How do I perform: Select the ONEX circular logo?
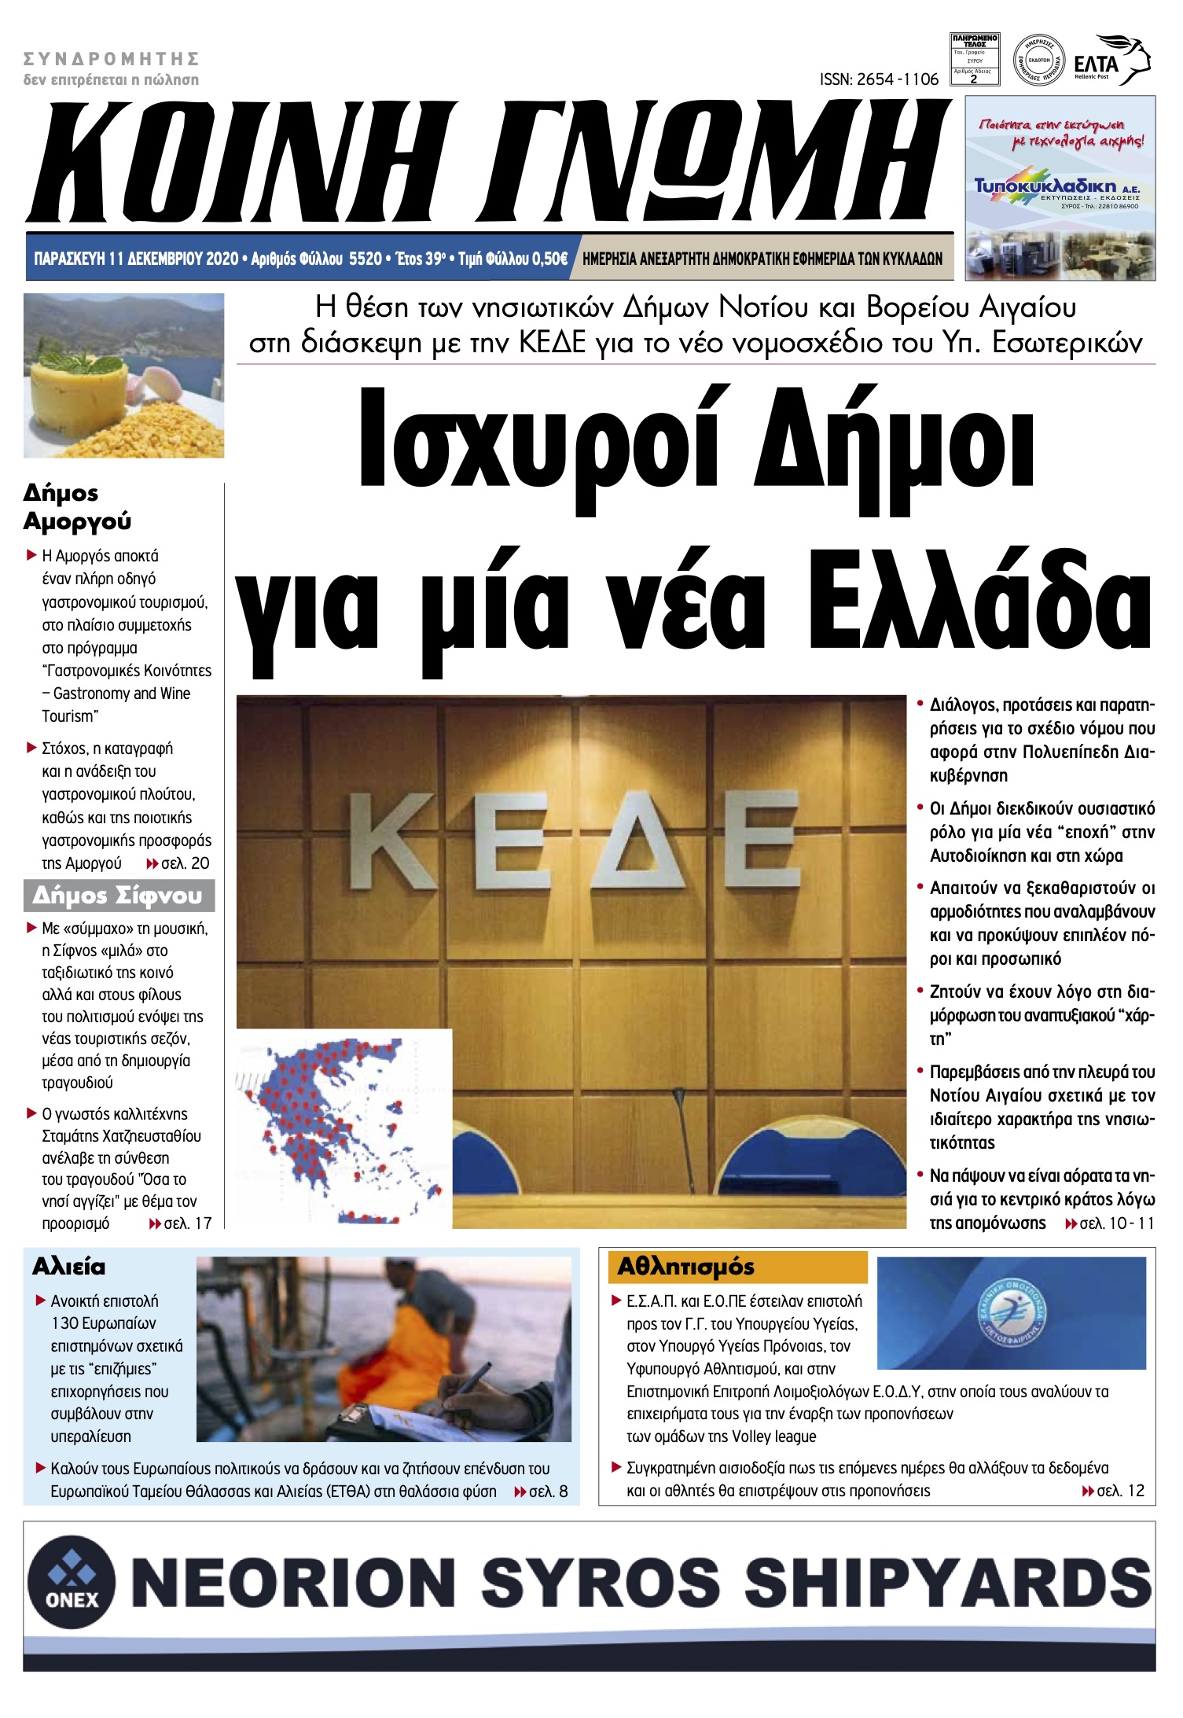coord(72,1581)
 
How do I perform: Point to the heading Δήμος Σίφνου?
coord(118,896)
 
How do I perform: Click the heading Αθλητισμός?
coord(685,1267)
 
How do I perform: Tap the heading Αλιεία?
coord(68,1267)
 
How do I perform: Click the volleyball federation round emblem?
coord(1012,1311)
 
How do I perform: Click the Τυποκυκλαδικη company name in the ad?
coord(1045,186)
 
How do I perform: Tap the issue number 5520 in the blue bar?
coord(365,259)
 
